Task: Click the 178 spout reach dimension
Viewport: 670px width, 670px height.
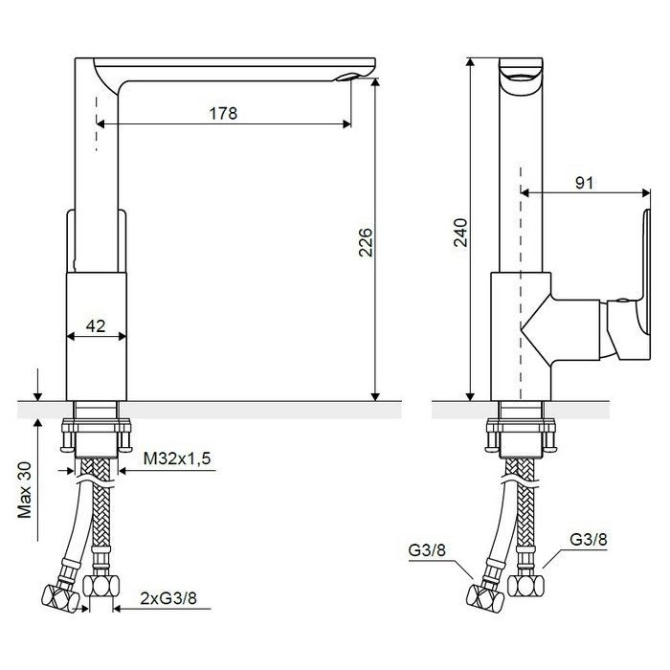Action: pyautogui.click(x=223, y=114)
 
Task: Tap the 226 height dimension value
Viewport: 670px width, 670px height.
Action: pyautogui.click(x=366, y=242)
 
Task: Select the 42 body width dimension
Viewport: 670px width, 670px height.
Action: pyautogui.click(x=96, y=326)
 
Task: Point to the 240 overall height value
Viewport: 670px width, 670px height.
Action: pyautogui.click(x=461, y=233)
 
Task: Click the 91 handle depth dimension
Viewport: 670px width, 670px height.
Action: pyautogui.click(x=585, y=183)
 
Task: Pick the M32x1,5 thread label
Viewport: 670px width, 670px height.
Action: pyautogui.click(x=177, y=458)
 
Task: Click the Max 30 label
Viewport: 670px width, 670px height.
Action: pyautogui.click(x=25, y=490)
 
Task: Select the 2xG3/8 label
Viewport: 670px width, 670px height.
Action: pyautogui.click(x=168, y=598)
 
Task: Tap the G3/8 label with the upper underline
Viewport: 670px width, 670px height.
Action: pyautogui.click(x=589, y=539)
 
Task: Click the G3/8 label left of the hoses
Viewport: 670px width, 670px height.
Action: pyautogui.click(x=427, y=550)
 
